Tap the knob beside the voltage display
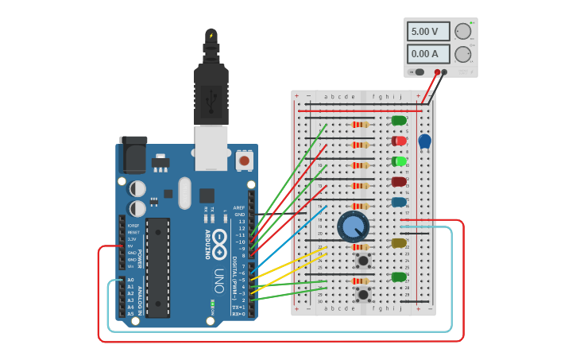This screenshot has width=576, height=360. click(462, 31)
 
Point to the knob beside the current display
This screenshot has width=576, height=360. click(462, 54)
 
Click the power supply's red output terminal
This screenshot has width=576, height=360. click(436, 72)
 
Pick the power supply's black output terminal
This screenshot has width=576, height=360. click(444, 72)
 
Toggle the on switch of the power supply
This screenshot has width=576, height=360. click(419, 72)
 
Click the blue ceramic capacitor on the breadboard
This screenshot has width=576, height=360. click(425, 141)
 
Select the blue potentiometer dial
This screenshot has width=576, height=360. click(353, 227)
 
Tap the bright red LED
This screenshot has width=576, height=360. click(399, 141)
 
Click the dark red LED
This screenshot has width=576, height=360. click(399, 182)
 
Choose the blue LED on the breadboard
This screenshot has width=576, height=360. click(399, 202)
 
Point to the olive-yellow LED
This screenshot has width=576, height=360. click(399, 242)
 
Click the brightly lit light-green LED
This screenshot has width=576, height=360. click(399, 161)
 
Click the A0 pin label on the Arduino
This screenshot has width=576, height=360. click(130, 280)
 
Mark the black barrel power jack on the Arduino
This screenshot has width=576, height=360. click(132, 155)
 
